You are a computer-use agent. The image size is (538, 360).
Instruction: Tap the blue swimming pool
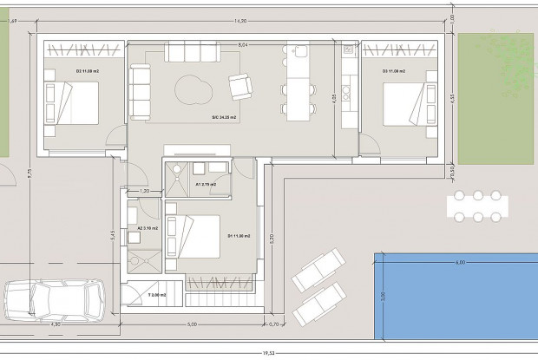pos(456,297)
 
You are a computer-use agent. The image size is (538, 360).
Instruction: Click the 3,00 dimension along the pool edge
pos(383,296)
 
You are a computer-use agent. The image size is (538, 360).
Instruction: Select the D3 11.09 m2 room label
pos(397,71)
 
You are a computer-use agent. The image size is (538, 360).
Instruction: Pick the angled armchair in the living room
pos(239,86)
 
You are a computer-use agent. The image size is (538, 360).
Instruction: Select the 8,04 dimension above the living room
pos(243,43)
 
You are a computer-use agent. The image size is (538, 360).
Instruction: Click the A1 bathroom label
pos(206,185)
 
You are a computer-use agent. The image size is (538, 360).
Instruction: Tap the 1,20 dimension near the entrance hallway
pos(146,190)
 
